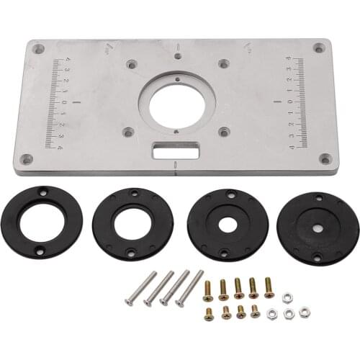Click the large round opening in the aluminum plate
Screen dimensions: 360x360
pyautogui.click(x=176, y=102)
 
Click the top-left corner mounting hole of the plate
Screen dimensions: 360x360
pyautogui.click(x=39, y=49)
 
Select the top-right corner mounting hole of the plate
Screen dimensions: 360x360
pyautogui.click(x=318, y=48)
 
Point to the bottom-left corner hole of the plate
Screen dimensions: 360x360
pyautogui.click(x=26, y=158)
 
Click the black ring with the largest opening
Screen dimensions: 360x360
pyautogui.click(x=42, y=222)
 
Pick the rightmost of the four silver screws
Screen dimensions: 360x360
pyautogui.click(x=189, y=287)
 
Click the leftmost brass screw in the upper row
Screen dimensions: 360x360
pyautogui.click(x=208, y=289)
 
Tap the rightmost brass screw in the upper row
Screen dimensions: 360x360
pyautogui.click(x=269, y=287)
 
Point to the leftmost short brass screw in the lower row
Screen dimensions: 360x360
pyautogui.click(x=209, y=313)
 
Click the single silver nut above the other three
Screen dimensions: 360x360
pyautogui.click(x=287, y=297)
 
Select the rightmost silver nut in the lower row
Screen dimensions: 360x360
pyautogui.click(x=305, y=312)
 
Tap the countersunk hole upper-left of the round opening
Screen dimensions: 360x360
pyautogui.click(x=130, y=64)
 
